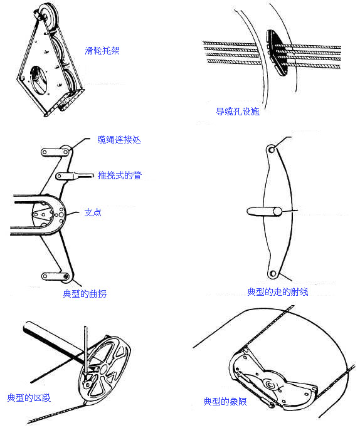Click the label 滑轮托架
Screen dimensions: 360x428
(102, 51)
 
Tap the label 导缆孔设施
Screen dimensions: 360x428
(238, 112)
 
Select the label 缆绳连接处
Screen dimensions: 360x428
(119, 140)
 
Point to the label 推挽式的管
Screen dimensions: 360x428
(120, 175)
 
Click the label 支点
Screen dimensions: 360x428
(93, 212)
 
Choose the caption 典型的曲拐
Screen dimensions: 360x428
(85, 294)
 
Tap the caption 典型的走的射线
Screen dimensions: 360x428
(278, 292)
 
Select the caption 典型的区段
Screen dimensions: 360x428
(29, 398)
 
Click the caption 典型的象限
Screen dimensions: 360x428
(225, 402)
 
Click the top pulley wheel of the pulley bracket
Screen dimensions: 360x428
(47, 15)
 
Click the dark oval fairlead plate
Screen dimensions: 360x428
(277, 53)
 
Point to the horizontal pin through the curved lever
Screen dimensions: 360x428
(264, 212)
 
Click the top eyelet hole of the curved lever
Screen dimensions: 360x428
(272, 150)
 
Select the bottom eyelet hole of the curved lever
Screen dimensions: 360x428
(273, 273)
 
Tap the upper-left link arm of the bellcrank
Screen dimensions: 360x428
(55, 152)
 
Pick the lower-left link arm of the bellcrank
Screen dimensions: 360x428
(55, 276)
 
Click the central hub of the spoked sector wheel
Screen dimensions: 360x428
(103, 370)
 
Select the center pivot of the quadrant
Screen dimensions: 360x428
(270, 385)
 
